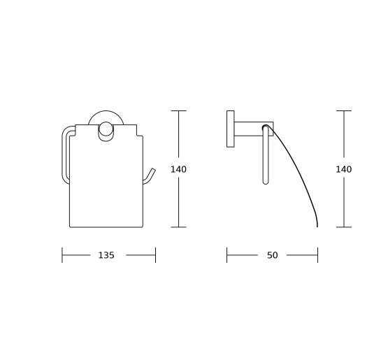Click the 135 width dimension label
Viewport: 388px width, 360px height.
[106, 255]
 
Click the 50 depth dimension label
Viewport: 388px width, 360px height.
[272, 255]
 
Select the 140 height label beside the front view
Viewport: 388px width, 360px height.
[178, 169]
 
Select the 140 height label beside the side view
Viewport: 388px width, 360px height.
[344, 169]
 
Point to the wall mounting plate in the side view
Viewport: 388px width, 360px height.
[231, 129]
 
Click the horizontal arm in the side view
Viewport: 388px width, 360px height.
[254, 129]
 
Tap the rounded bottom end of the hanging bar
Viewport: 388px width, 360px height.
[266, 182]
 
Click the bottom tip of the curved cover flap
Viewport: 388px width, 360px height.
[317, 226]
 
